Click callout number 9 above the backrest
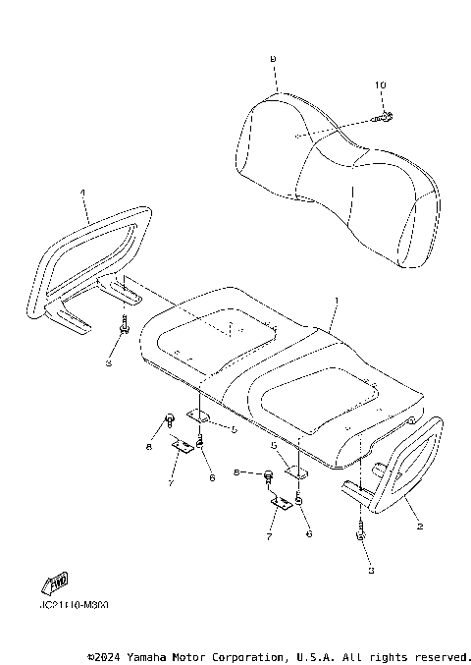[273, 60]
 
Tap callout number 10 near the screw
[379, 85]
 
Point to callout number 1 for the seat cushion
[336, 299]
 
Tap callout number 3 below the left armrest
[110, 362]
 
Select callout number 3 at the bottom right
[369, 568]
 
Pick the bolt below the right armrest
[361, 535]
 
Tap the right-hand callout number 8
[235, 472]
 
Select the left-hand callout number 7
[170, 481]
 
